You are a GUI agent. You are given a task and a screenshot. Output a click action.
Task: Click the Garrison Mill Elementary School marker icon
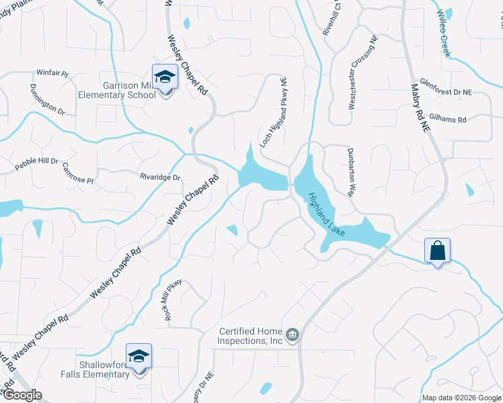(165, 79)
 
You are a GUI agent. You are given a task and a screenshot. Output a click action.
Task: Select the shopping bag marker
(437, 252)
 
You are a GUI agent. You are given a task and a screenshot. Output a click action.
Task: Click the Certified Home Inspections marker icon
(293, 334)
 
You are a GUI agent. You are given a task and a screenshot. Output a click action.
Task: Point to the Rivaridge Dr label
(160, 177)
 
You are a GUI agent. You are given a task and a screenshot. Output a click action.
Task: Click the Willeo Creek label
(444, 34)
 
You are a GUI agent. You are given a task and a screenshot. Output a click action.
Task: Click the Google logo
(22, 394)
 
